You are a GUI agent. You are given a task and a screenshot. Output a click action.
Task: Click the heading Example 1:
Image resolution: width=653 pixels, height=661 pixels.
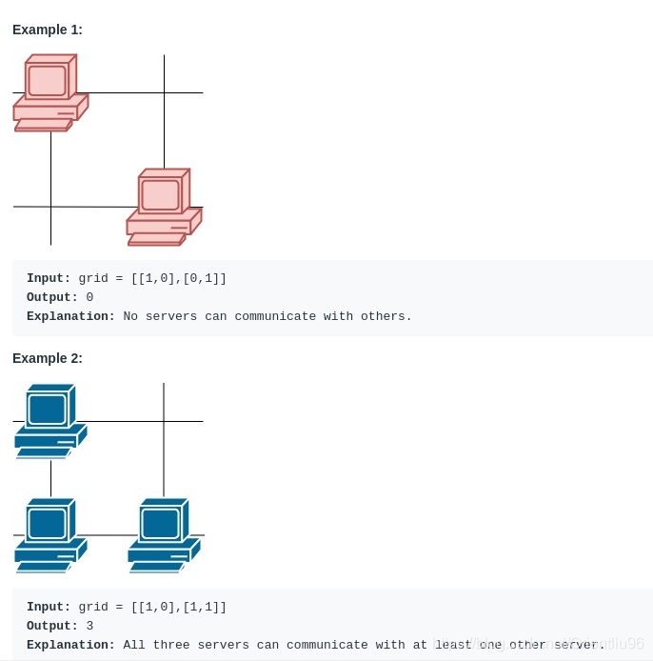click(48, 30)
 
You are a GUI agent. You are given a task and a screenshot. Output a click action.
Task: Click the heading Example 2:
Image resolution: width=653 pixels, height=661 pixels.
click(48, 358)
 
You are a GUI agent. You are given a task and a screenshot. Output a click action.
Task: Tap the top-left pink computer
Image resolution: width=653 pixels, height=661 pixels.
click(50, 93)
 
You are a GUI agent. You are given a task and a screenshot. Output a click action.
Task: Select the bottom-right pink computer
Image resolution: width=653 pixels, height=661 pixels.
click(164, 208)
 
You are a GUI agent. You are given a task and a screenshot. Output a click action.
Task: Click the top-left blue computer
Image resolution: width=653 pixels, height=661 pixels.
click(50, 421)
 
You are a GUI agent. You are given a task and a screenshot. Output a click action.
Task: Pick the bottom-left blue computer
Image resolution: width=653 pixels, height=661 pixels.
click(50, 535)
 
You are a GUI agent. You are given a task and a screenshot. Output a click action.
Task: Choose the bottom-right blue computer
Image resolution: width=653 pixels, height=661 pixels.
click(165, 535)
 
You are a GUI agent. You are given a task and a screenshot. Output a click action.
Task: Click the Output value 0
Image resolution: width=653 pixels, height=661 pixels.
click(89, 297)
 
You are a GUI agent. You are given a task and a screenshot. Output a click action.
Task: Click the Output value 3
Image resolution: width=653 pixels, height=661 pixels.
click(89, 626)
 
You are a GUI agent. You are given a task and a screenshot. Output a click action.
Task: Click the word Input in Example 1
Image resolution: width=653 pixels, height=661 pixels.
click(48, 278)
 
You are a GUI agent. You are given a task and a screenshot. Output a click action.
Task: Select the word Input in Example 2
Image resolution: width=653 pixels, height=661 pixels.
click(48, 607)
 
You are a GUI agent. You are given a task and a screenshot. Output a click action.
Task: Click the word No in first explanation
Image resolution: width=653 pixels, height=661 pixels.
click(130, 316)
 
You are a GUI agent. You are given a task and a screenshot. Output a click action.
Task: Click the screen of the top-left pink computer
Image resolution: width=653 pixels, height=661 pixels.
click(47, 80)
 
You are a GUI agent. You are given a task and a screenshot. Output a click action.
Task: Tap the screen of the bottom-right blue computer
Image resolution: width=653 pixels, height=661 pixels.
click(160, 523)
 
